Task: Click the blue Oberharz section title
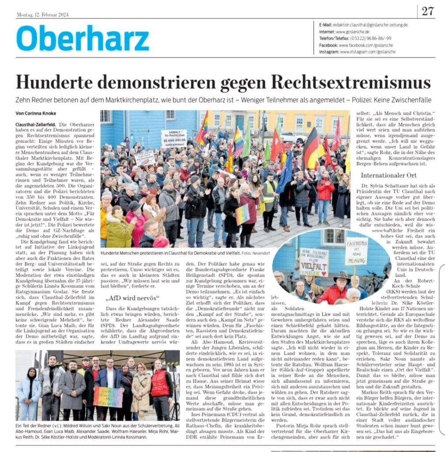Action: tap(83, 38)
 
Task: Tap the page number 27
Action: tap(427, 11)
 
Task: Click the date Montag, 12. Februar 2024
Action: tap(42, 15)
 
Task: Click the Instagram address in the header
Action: tap(367, 52)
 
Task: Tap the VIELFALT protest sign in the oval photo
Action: tap(314, 262)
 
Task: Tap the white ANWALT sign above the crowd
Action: tap(173, 138)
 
